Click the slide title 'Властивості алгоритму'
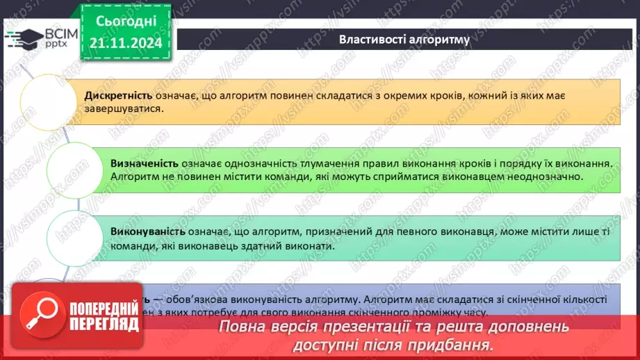click(404, 39)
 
